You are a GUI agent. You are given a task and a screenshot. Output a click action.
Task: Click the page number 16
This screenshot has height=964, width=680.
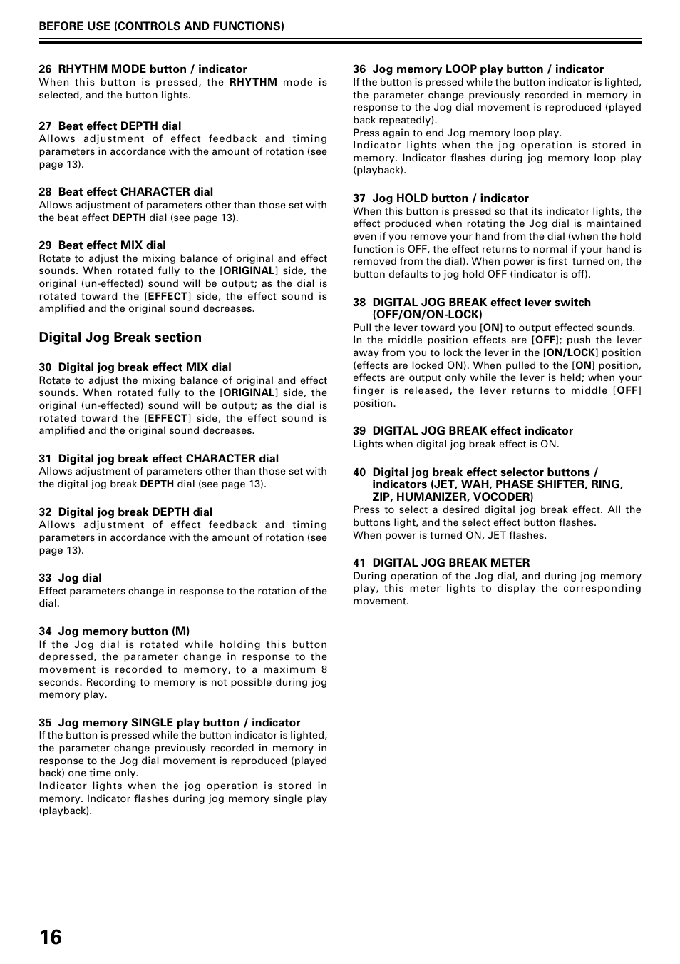pos(51,937)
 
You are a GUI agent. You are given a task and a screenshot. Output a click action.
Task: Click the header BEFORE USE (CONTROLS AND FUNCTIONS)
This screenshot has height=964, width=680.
pos(161,26)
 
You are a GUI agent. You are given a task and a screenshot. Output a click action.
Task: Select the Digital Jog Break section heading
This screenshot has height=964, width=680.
pos(120,338)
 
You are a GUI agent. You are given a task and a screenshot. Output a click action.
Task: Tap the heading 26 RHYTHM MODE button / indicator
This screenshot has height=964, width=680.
pos(143,69)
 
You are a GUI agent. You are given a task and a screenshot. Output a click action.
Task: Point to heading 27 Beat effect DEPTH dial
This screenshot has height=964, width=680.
pos(110,126)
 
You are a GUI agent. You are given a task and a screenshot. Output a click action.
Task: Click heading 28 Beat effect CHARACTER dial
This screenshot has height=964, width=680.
pos(125,192)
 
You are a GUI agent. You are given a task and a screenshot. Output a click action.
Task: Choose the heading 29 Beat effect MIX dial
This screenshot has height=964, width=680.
pos(102,245)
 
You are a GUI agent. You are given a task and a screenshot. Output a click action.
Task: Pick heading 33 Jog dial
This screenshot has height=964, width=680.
pos(70,578)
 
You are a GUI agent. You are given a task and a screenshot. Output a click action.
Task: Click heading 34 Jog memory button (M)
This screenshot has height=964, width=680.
pos(114,631)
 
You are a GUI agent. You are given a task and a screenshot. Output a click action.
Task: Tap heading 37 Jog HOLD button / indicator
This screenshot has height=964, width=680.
pos(441,198)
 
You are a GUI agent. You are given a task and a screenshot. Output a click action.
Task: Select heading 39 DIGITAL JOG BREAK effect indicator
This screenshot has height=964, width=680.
pos(463,431)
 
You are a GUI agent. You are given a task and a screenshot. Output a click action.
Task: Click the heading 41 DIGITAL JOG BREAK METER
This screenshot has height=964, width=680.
pos(441,563)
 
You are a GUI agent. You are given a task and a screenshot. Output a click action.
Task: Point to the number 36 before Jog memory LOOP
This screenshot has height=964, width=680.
pos(359,69)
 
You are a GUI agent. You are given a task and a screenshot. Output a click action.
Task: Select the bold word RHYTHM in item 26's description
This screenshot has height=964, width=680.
pos(253,82)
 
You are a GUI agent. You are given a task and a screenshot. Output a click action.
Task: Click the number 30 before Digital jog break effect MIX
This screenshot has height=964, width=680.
pos(45,367)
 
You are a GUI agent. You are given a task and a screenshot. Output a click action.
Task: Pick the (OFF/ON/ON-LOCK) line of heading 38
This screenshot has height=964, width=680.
pos(427,315)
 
